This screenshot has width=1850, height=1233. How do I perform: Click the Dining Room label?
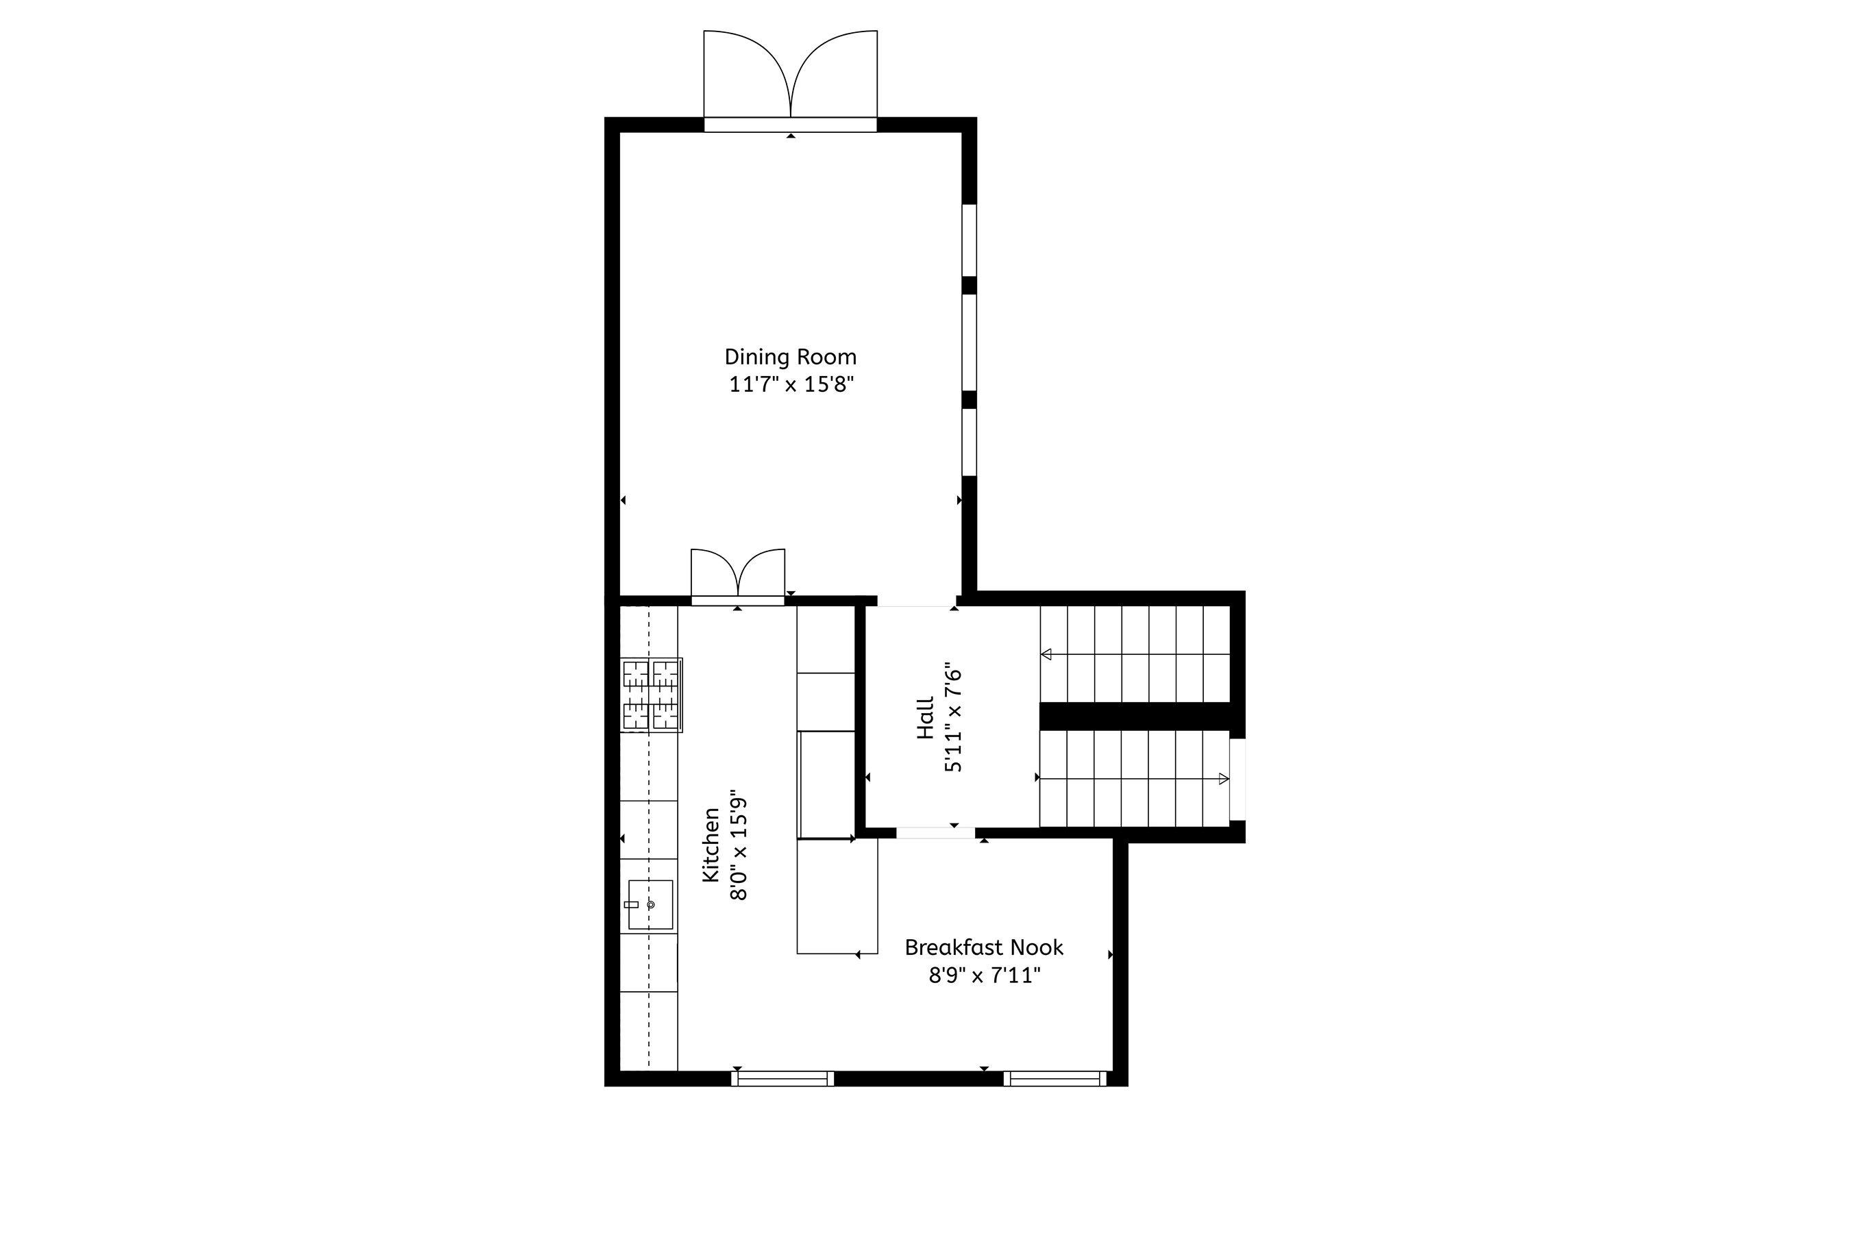(791, 357)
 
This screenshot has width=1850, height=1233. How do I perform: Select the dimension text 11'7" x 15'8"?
(791, 384)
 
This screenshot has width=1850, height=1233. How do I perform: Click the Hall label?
(925, 718)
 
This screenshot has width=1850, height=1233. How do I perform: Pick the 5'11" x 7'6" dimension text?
(952, 718)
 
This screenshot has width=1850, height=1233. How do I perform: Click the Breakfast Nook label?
(984, 947)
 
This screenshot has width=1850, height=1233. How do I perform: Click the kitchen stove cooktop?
(652, 695)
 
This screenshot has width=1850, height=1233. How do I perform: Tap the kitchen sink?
(650, 904)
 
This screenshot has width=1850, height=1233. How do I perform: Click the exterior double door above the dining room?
(791, 82)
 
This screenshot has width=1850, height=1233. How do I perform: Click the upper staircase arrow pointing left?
(1135, 654)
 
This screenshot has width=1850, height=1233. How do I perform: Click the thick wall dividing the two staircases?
(1136, 717)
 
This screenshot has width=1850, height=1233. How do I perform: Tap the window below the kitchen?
(782, 1079)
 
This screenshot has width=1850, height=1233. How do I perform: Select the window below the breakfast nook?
(1054, 1079)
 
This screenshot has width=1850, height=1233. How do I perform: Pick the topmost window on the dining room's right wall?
(970, 240)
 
